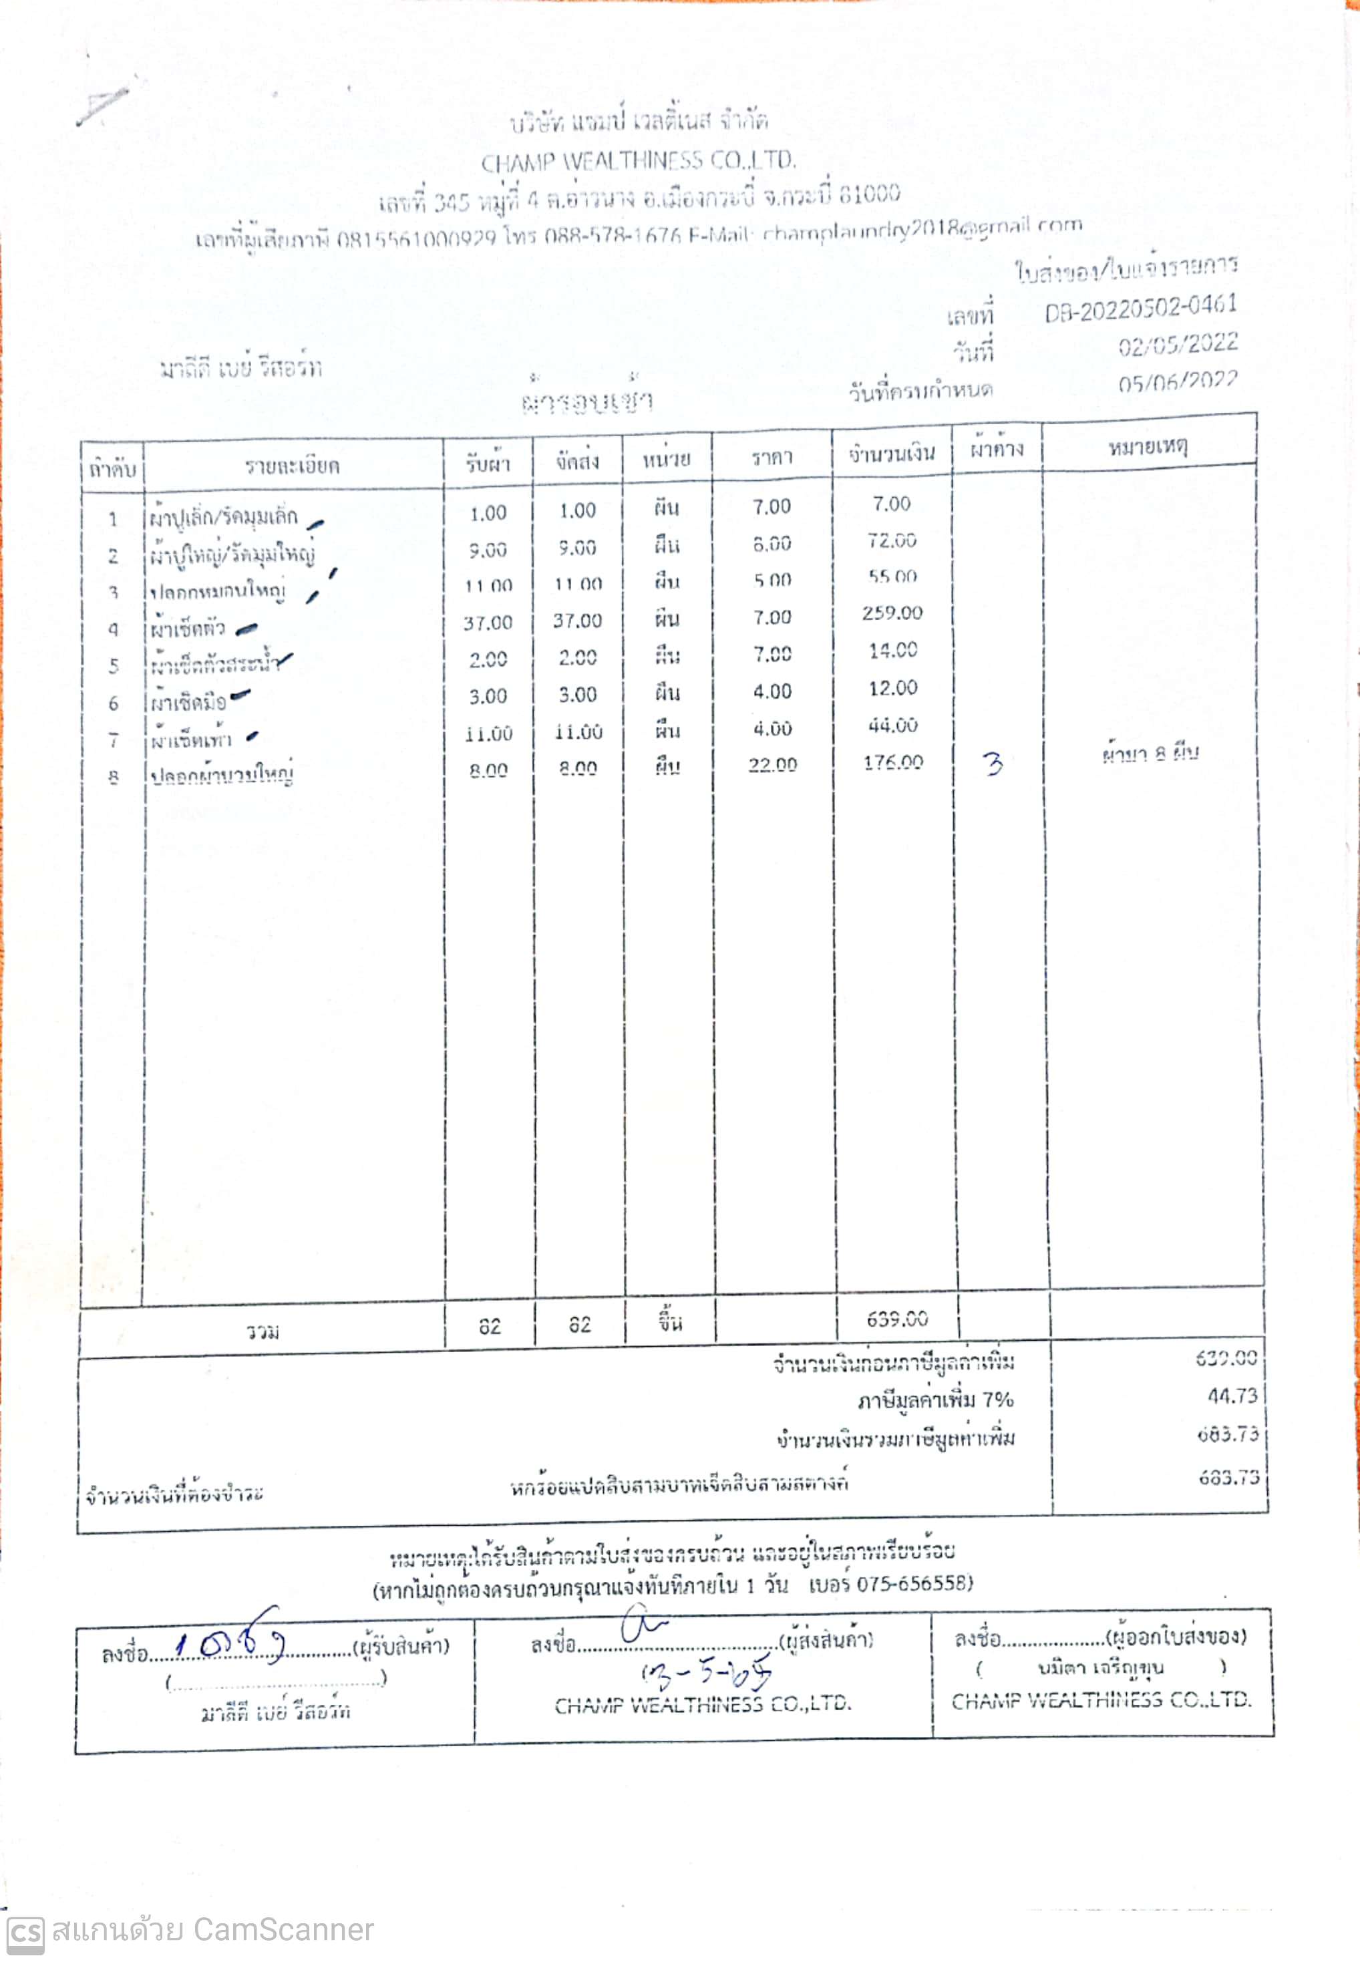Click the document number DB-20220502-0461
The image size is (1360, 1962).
click(x=1140, y=309)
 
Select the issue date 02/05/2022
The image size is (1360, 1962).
click(x=1177, y=344)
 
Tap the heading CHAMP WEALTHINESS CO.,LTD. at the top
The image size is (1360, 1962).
click(x=638, y=161)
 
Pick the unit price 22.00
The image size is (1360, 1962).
click(x=772, y=764)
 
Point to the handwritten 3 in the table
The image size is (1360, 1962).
click(x=993, y=764)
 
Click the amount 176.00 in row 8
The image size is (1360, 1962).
click(x=892, y=762)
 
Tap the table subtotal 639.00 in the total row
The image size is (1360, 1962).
click(x=896, y=1319)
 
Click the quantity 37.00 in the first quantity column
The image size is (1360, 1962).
click(x=488, y=623)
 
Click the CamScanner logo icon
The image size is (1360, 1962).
click(x=24, y=1931)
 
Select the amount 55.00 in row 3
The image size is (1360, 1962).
click(x=892, y=577)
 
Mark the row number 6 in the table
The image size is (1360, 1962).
click(x=114, y=703)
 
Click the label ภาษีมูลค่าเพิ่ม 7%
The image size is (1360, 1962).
click(x=934, y=1400)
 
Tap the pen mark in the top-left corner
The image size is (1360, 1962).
click(x=103, y=106)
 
